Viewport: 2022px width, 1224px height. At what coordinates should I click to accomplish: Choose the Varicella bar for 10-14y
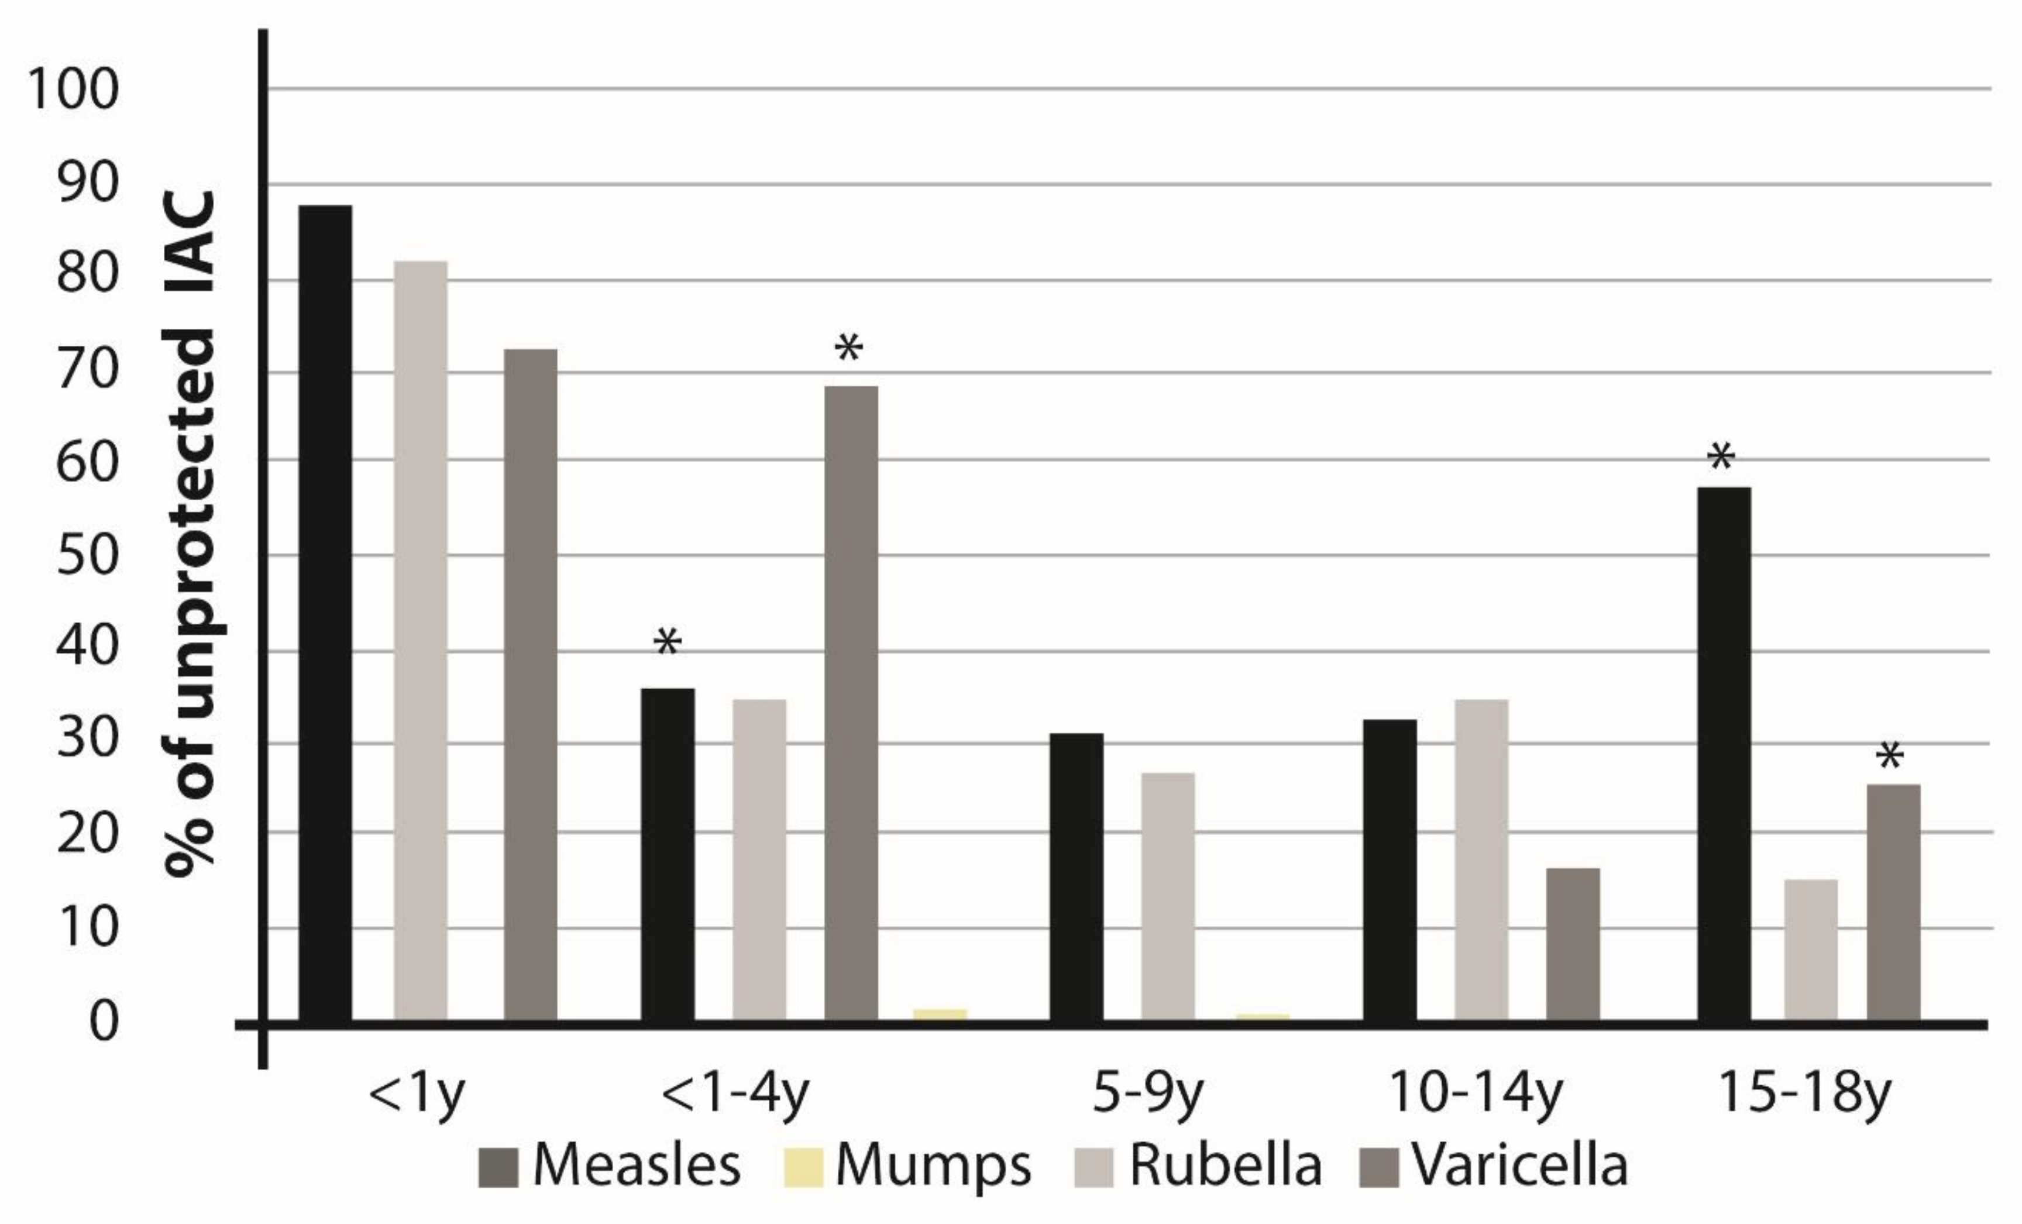coord(1573,943)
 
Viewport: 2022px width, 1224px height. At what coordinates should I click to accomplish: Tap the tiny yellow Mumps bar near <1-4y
coord(940,1014)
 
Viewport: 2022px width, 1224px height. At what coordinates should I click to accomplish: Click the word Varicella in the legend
coord(1519,1165)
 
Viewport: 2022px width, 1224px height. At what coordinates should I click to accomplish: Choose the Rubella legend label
coord(1225,1165)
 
